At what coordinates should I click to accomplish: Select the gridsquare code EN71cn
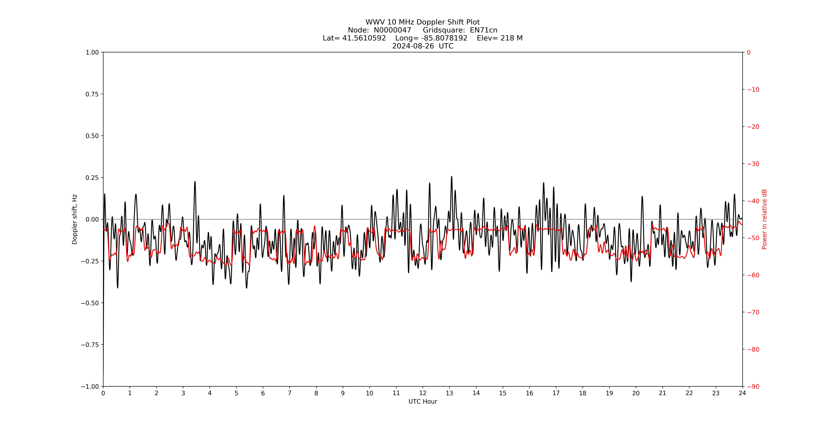click(x=484, y=30)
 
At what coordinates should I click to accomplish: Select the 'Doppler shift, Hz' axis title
click(x=75, y=219)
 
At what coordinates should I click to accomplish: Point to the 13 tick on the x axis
click(x=449, y=393)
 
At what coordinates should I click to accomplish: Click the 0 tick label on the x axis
click(x=103, y=393)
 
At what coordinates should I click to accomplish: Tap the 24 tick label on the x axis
click(x=742, y=393)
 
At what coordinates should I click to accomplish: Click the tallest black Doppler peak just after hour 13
click(x=452, y=177)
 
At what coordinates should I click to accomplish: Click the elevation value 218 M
click(x=511, y=38)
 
